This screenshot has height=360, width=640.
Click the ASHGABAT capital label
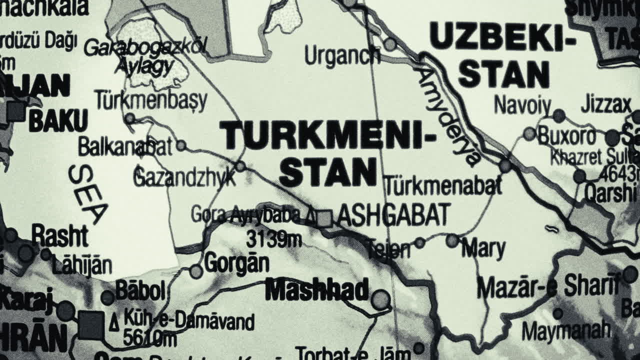[394, 215]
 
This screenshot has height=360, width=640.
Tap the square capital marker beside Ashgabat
[325, 218]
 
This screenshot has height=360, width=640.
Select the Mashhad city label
[317, 290]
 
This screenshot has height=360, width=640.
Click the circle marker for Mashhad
[381, 299]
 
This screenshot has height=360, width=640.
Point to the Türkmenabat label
[443, 186]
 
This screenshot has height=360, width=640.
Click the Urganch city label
[342, 55]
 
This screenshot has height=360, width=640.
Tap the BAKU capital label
[58, 121]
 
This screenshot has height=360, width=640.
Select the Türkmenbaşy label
[150, 100]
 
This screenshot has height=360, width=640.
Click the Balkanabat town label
[125, 147]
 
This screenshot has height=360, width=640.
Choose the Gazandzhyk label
[184, 177]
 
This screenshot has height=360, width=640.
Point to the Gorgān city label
[236, 263]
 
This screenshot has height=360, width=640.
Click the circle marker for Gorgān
[196, 271]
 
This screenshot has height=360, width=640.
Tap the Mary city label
[483, 248]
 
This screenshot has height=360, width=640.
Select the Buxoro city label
[567, 136]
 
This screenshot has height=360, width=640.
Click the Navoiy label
[522, 105]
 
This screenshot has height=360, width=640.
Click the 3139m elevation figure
[273, 239]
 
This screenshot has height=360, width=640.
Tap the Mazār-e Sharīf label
[547, 286]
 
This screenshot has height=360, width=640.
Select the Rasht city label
[59, 235]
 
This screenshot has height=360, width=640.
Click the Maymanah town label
[566, 330]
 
